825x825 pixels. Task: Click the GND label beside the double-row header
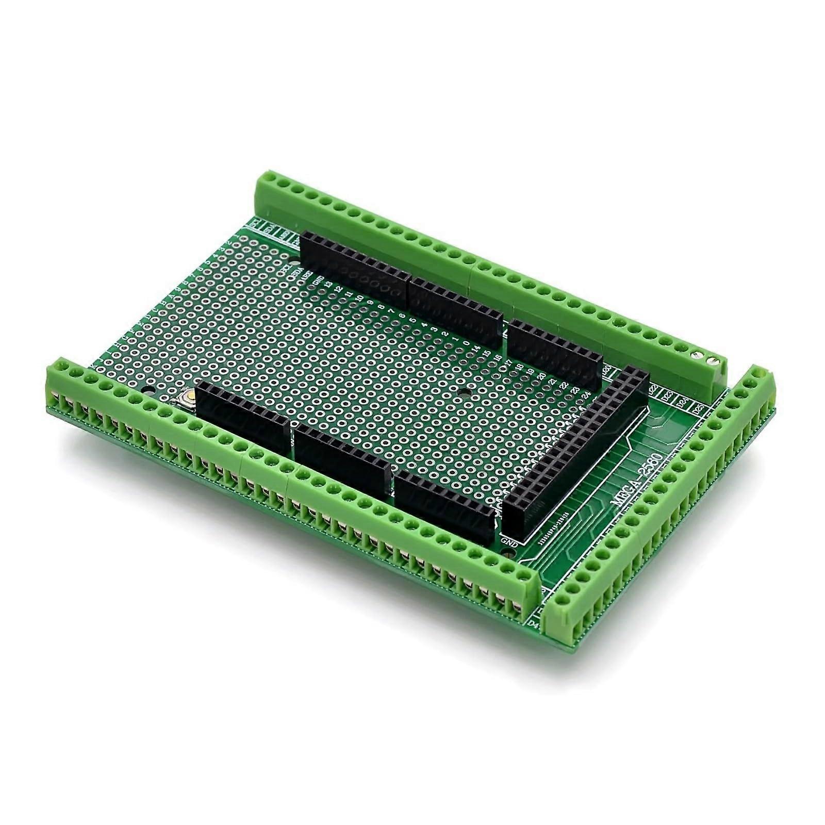click(509, 542)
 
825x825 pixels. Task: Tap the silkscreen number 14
click(477, 349)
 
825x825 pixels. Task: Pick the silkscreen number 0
click(466, 343)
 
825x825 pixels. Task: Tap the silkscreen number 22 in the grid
click(564, 386)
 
